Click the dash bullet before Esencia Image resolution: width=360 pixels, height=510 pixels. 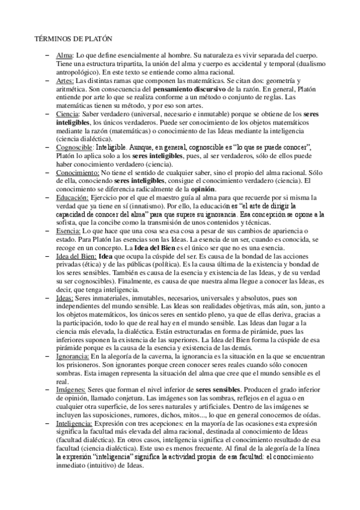(47, 230)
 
